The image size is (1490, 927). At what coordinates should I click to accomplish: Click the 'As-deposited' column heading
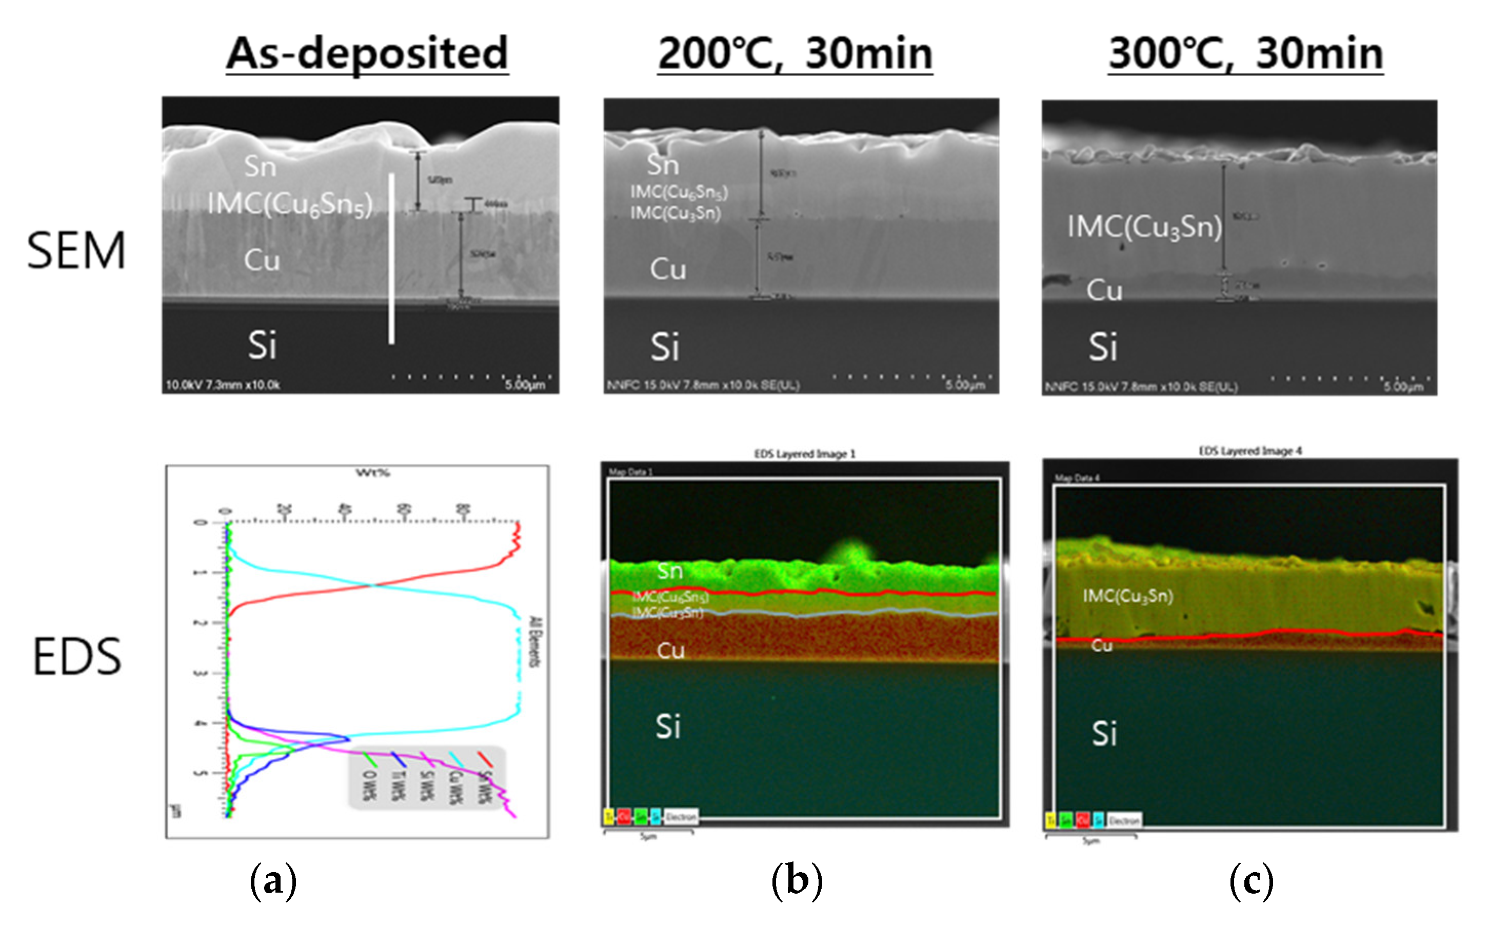coord(367,54)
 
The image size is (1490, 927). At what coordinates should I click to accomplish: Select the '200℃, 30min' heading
coord(794,54)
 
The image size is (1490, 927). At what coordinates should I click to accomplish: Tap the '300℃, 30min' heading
coord(1245,54)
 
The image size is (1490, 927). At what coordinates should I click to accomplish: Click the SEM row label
coord(76,251)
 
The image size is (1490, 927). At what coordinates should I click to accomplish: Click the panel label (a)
coord(273,881)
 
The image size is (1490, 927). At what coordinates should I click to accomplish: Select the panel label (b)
coord(797,881)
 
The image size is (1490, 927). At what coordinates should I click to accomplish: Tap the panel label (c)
coord(1251,881)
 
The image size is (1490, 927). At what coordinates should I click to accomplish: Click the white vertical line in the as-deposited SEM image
coord(391,258)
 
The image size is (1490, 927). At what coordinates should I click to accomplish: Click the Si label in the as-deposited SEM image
coord(262,345)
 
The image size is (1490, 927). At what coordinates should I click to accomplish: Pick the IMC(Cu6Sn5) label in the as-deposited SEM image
coord(289,204)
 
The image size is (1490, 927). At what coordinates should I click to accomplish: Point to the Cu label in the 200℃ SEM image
coord(668,269)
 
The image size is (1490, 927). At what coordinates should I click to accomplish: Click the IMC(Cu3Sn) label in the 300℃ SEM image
coord(1144,227)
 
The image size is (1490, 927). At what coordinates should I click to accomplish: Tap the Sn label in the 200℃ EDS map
coord(669,571)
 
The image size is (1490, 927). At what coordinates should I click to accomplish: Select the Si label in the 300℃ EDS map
coord(1104,733)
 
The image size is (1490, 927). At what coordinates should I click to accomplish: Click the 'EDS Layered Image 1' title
coord(804,454)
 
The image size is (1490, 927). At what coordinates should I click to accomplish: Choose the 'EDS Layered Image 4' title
coord(1249,451)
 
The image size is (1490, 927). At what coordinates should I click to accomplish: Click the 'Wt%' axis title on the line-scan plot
coord(373,473)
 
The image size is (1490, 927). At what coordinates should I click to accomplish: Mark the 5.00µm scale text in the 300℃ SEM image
coord(1403,387)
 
